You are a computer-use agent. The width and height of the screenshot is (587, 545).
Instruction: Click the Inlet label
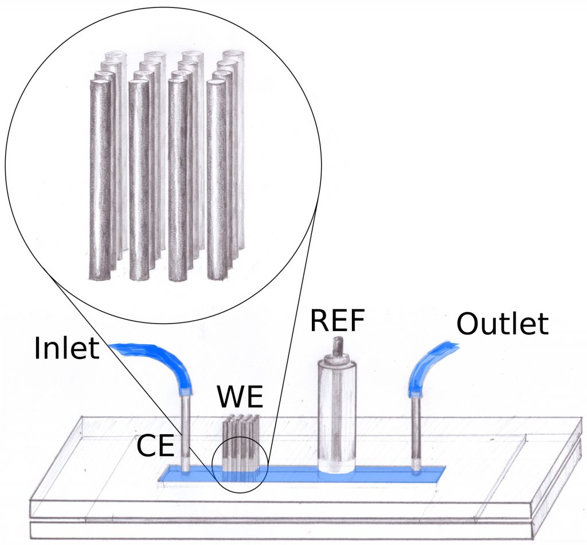66,348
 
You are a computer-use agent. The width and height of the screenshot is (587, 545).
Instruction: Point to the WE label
240,398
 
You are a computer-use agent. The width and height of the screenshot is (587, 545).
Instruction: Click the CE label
155,446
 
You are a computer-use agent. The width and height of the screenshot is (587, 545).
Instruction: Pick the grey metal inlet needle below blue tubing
186,433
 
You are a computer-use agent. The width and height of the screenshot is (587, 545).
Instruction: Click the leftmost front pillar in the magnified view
100,180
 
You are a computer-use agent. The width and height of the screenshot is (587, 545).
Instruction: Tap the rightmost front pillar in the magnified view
217,180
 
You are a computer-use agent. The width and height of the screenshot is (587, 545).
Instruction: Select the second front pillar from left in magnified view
139,180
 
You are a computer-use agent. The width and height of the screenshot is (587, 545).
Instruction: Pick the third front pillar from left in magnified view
178,180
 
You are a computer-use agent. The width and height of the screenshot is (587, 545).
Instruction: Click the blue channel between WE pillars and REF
288,474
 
